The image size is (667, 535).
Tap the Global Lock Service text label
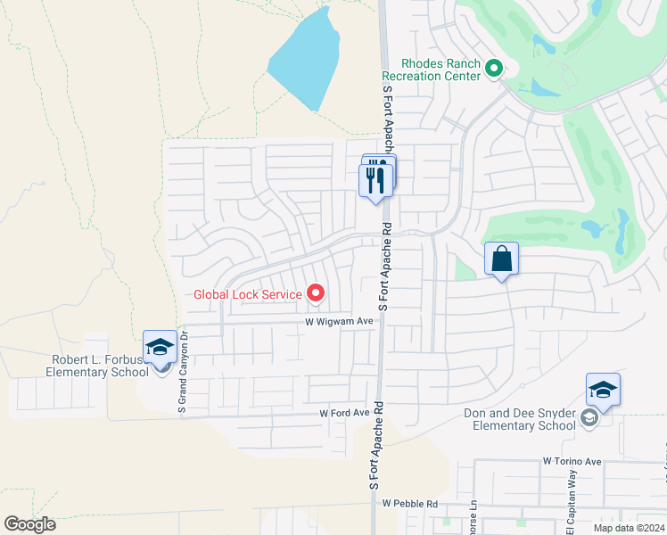(x=249, y=293)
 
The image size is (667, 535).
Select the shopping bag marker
(x=501, y=259)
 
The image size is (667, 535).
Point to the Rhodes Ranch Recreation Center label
(x=441, y=70)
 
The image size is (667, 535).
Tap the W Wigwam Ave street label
(x=338, y=321)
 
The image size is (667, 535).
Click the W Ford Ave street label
(x=344, y=414)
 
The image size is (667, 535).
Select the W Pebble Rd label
(x=411, y=504)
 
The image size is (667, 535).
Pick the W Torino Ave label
(x=572, y=462)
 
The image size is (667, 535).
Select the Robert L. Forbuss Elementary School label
(x=93, y=366)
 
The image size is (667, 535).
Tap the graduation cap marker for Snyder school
(x=603, y=391)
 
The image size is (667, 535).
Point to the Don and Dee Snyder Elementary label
(x=520, y=419)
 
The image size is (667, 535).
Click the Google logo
(x=29, y=524)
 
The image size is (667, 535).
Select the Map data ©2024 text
(x=629, y=528)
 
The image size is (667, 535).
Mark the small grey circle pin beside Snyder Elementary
(x=588, y=418)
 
